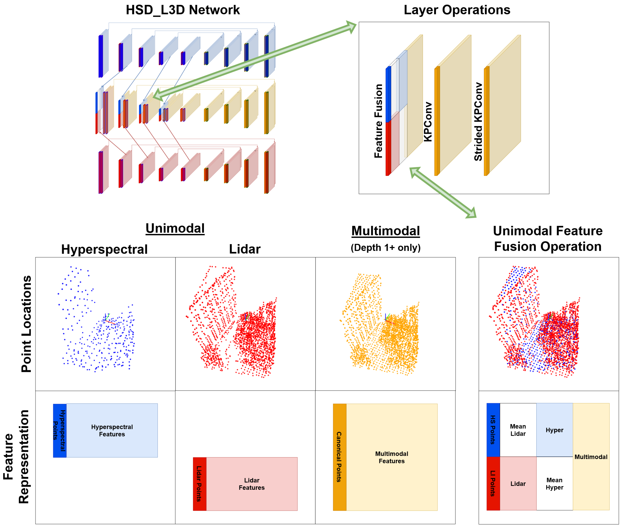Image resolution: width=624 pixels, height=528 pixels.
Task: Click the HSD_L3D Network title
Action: [x=183, y=10]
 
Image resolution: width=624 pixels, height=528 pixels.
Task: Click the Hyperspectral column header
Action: [x=104, y=249]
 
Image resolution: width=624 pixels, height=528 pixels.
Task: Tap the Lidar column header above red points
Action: [x=245, y=249]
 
